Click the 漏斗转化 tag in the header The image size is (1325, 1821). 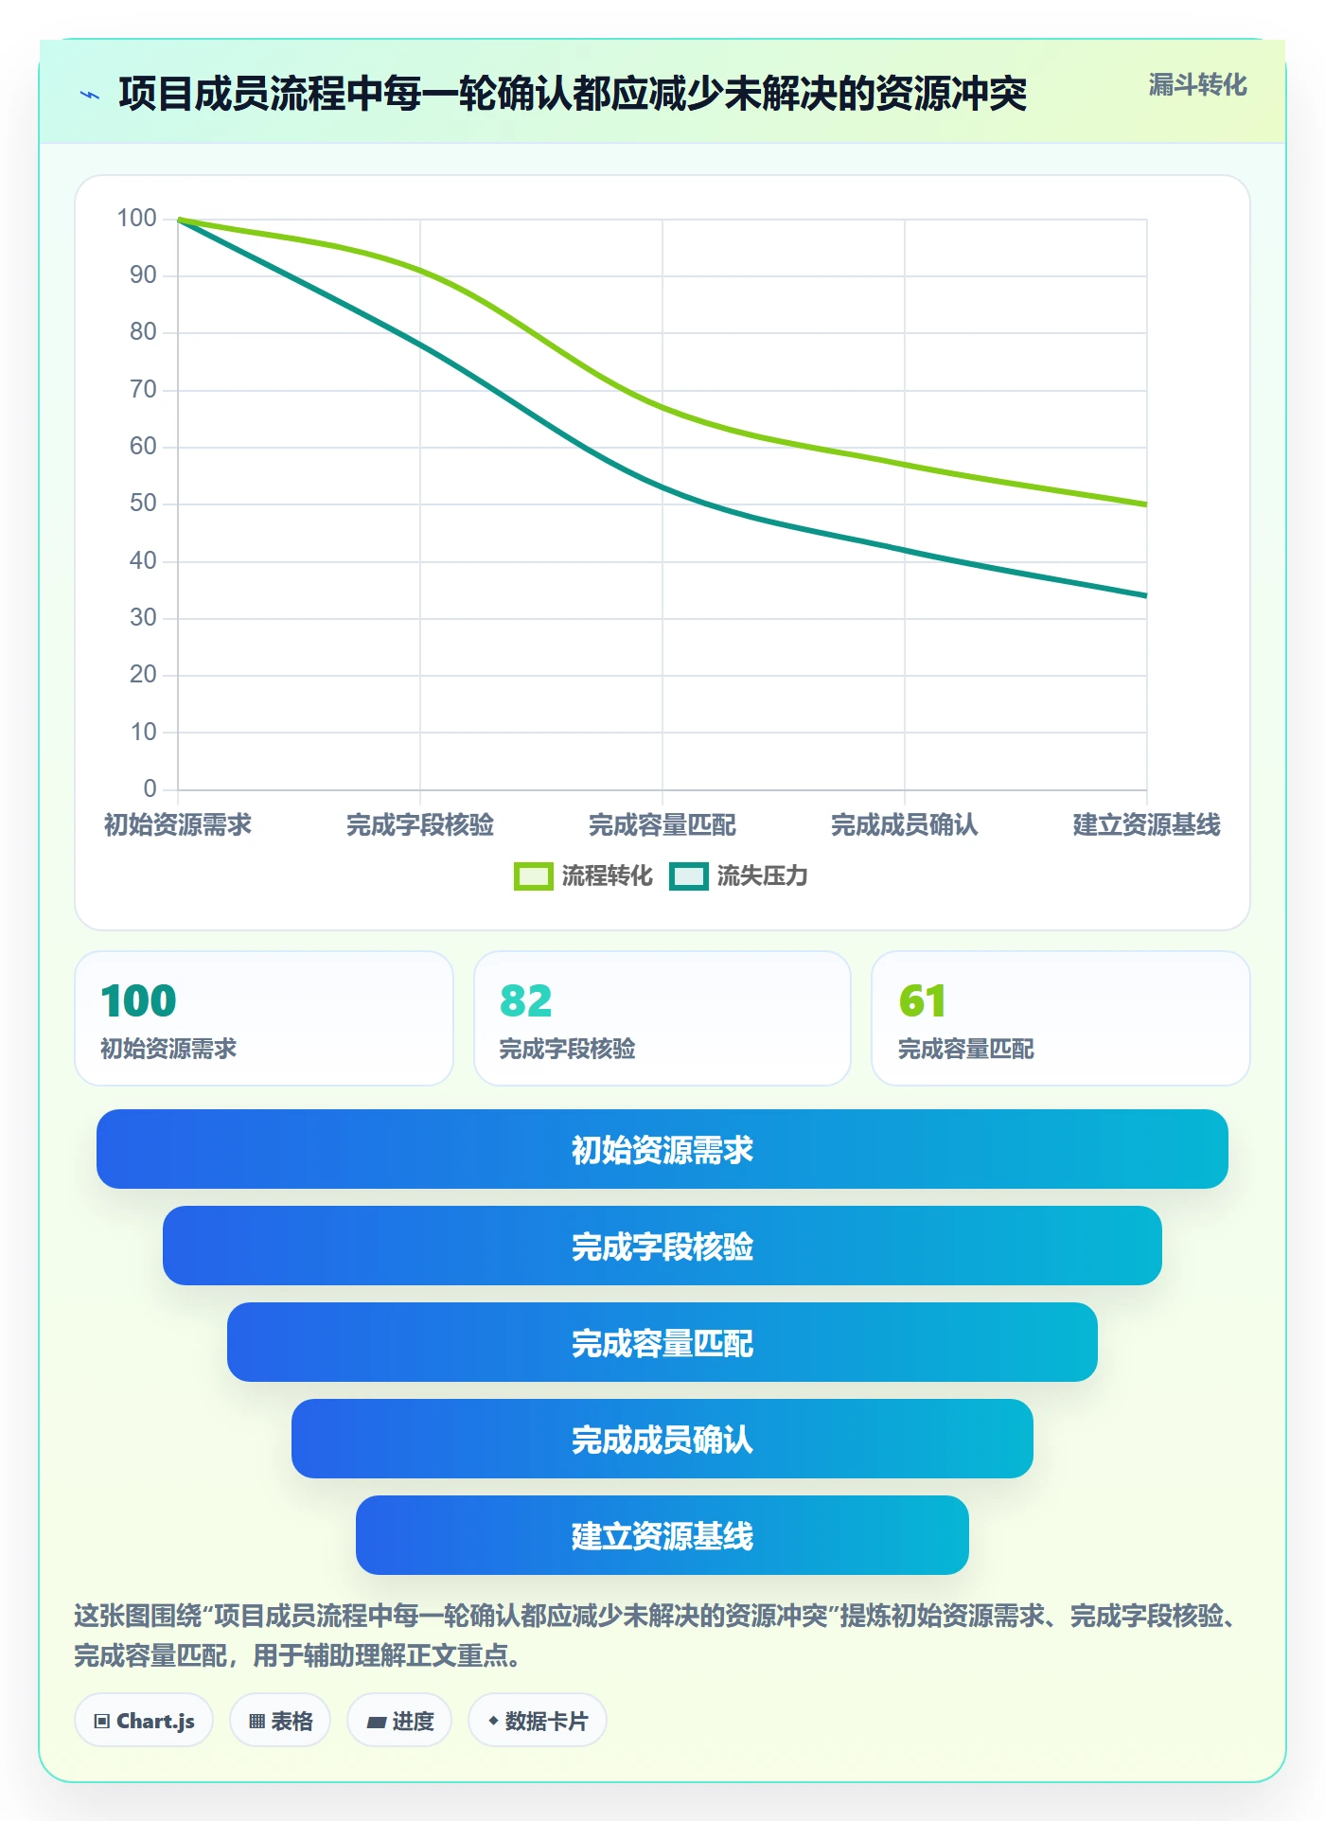pyautogui.click(x=1197, y=85)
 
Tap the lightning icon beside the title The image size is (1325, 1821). pyautogui.click(x=90, y=95)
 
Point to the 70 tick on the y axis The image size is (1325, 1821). pyautogui.click(x=143, y=389)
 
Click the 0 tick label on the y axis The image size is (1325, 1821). pyautogui.click(x=150, y=788)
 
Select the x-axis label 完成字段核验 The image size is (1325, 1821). pyautogui.click(x=420, y=824)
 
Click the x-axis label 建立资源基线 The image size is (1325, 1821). pyautogui.click(x=1146, y=824)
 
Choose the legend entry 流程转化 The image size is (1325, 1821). pyautogui.click(x=583, y=875)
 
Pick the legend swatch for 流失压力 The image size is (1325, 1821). pyautogui.click(x=688, y=876)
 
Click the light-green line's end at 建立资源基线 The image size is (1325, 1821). pyautogui.click(x=1146, y=504)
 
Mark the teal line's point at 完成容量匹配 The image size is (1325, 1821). pyautogui.click(x=662, y=487)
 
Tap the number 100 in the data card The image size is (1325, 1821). pyautogui.click(x=138, y=1000)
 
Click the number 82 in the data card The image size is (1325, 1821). pyautogui.click(x=525, y=1000)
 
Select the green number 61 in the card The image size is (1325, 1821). pyautogui.click(x=922, y=1000)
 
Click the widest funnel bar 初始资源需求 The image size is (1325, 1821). pyautogui.click(x=662, y=1149)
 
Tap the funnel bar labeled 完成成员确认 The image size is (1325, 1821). pyautogui.click(x=662, y=1439)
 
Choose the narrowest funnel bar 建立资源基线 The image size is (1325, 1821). pyautogui.click(x=662, y=1535)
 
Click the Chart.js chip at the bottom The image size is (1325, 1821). pyautogui.click(x=144, y=1721)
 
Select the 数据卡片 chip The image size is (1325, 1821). pyautogui.click(x=538, y=1721)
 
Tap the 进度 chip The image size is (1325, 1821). pyautogui.click(x=399, y=1721)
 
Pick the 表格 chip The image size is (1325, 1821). pyautogui.click(x=280, y=1721)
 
